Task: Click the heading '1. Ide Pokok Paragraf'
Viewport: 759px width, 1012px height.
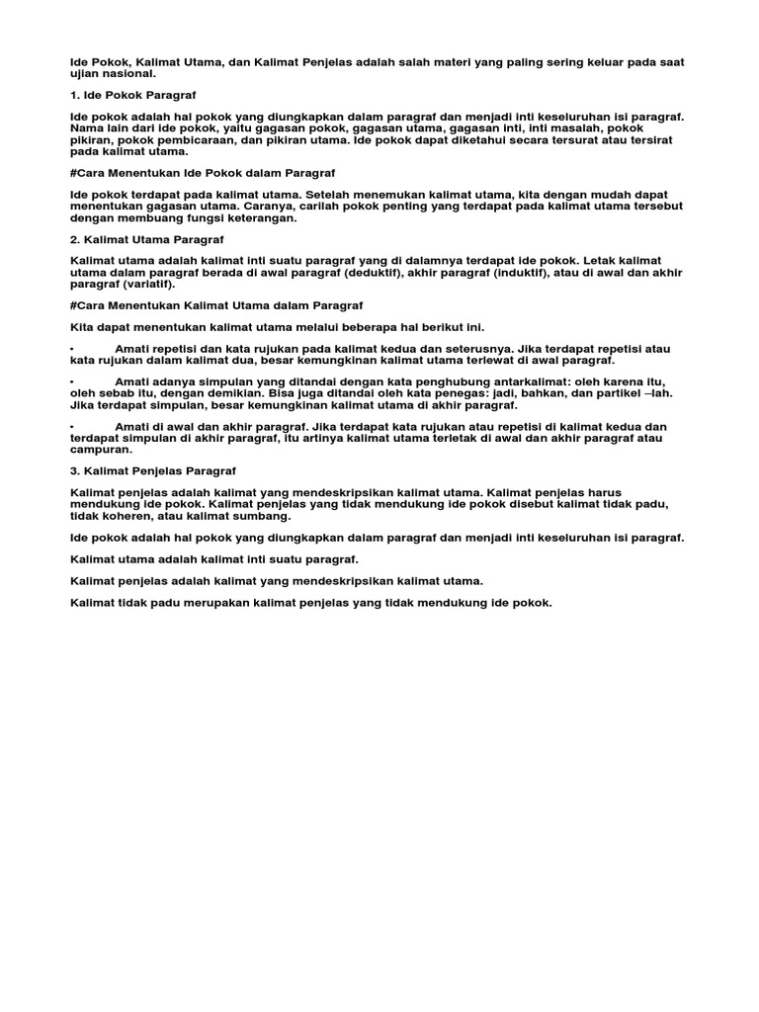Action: pos(133,95)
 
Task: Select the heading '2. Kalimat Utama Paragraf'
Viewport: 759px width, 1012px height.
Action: pos(147,239)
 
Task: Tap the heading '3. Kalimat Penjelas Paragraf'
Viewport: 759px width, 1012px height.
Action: pos(152,470)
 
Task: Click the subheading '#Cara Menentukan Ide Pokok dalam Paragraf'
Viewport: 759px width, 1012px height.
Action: pos(204,172)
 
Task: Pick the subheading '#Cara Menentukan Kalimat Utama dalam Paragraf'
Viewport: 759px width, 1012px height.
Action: pos(217,306)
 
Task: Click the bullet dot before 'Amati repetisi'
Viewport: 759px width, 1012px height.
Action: pos(73,350)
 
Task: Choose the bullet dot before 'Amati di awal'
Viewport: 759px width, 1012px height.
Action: pos(73,427)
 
